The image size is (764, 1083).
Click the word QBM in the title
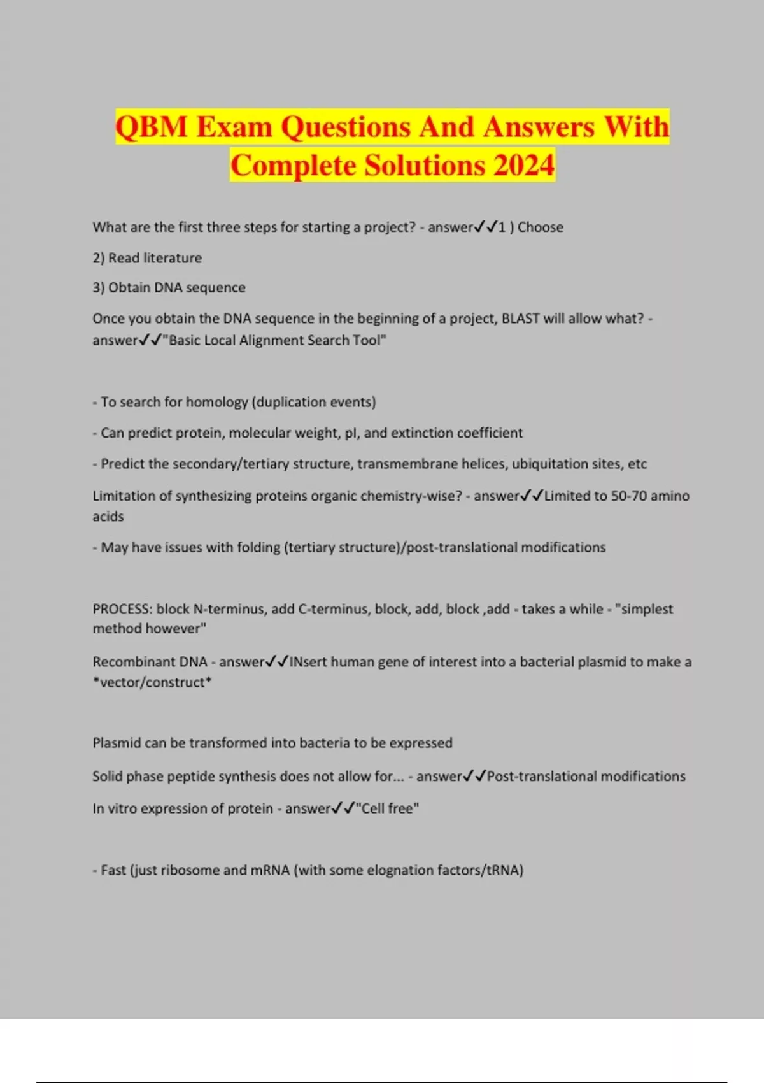click(152, 127)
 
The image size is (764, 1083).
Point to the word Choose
click(541, 227)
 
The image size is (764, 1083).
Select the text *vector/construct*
click(152, 682)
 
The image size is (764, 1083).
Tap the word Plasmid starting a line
click(117, 743)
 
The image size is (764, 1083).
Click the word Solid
click(108, 777)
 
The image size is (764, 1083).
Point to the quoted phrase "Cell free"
click(388, 808)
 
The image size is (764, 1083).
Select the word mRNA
click(270, 870)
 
